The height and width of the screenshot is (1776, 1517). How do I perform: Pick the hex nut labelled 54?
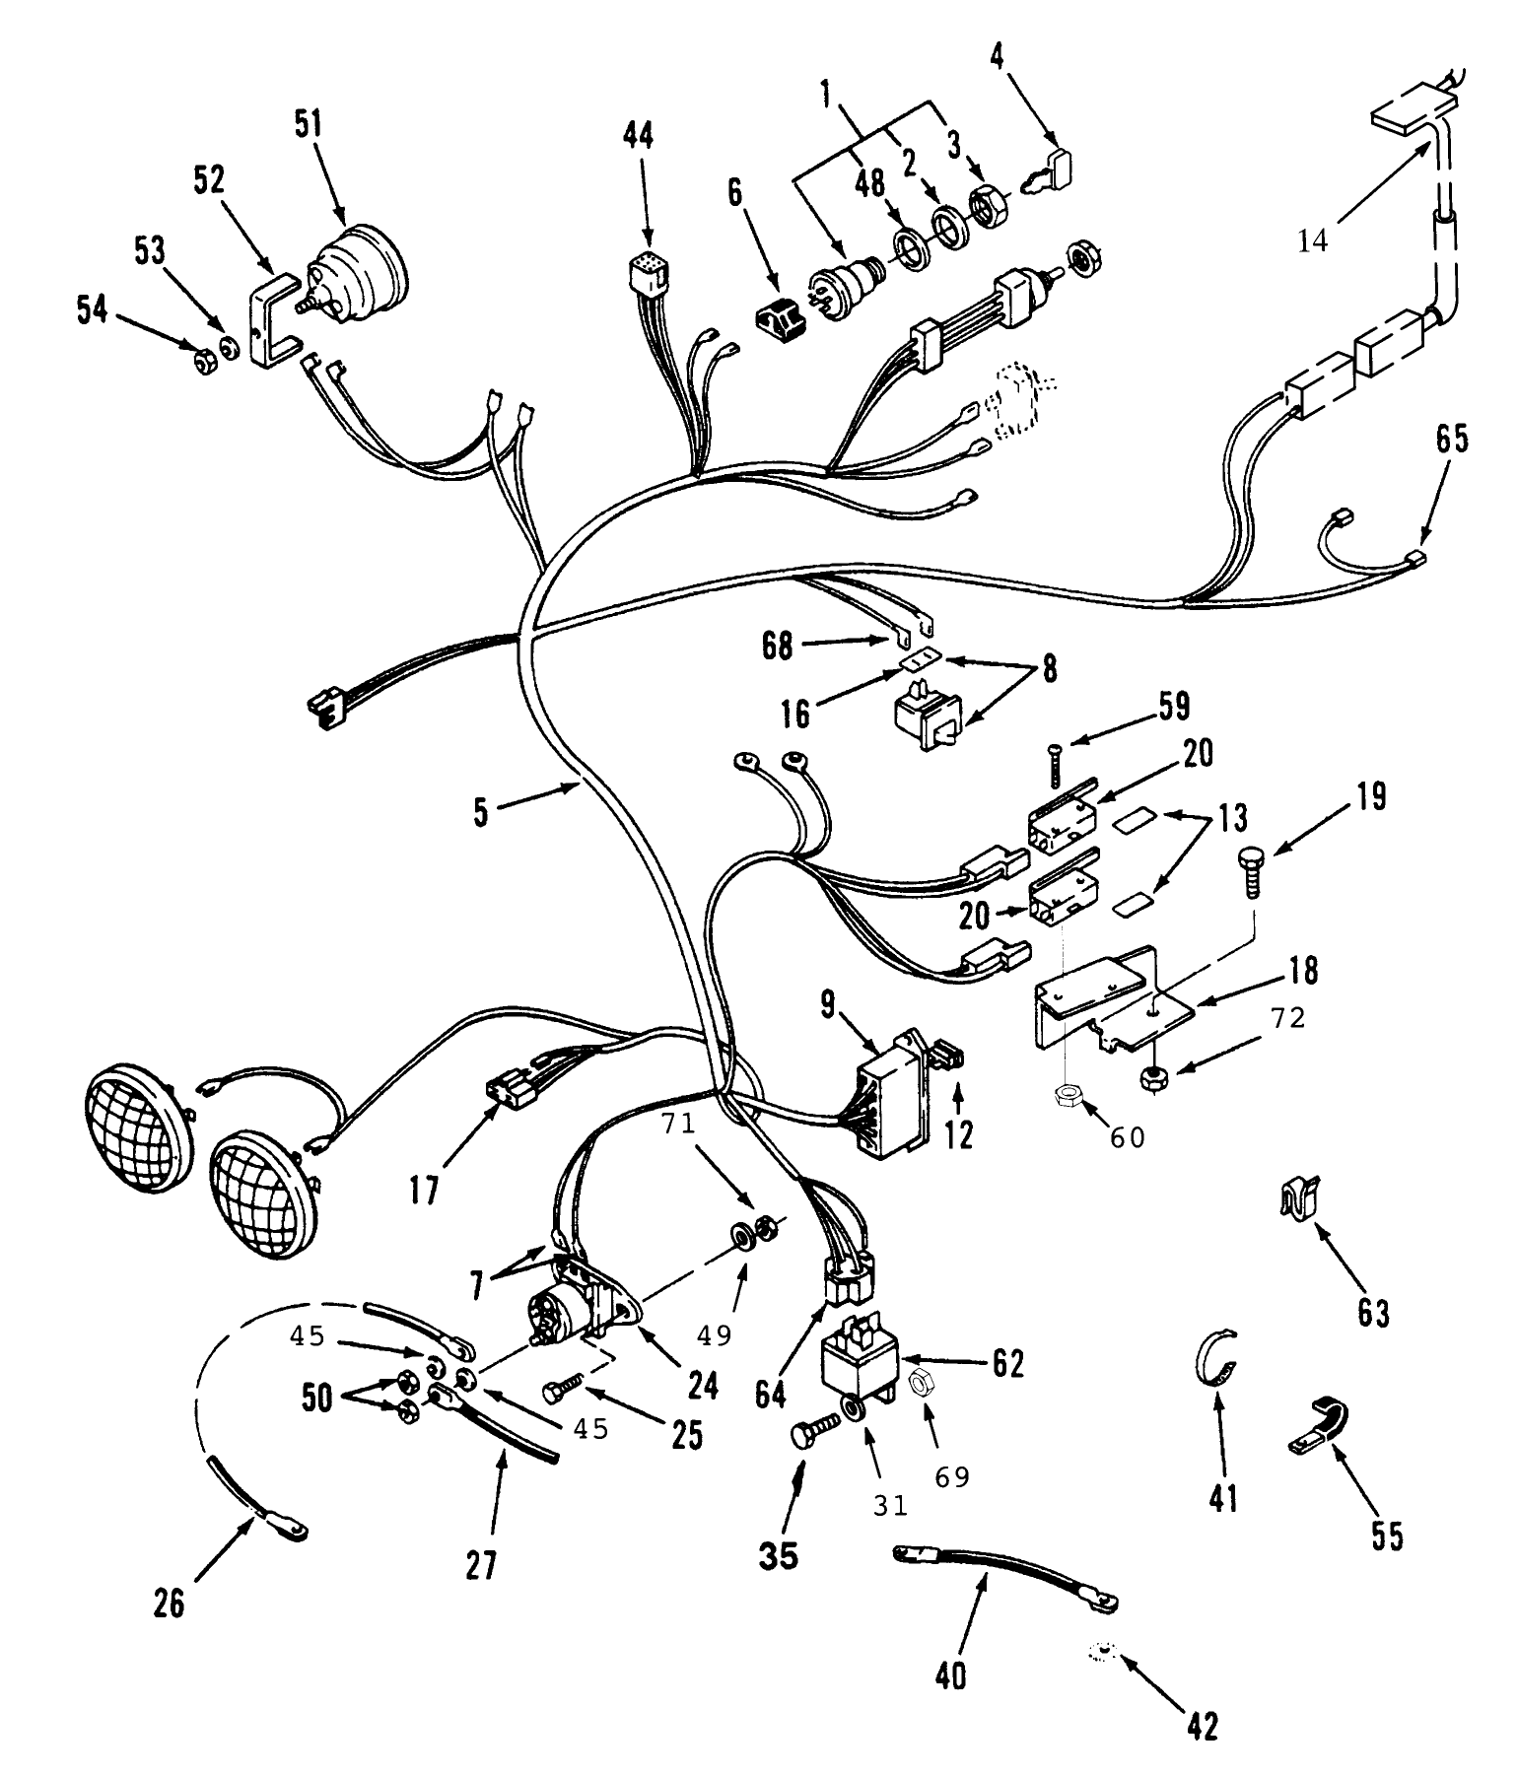[205, 365]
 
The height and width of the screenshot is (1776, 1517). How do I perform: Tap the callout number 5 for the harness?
[481, 814]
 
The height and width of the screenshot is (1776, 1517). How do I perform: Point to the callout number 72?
[1280, 1019]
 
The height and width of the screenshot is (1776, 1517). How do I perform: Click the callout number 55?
[1388, 1537]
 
